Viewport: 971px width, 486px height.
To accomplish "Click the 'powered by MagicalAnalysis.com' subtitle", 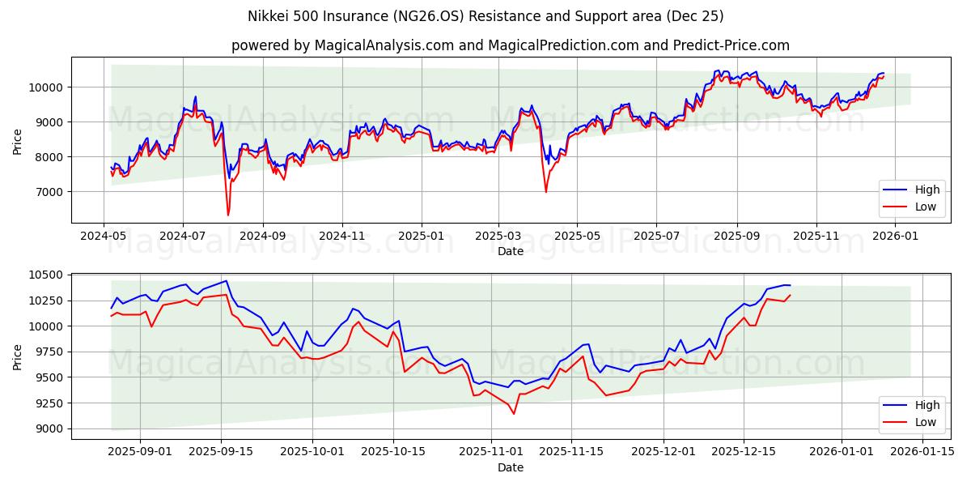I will point(510,45).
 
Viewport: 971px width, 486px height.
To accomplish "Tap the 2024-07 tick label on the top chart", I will point(182,235).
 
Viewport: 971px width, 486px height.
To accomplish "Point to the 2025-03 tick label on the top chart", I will point(498,235).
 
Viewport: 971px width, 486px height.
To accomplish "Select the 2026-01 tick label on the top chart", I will point(896,235).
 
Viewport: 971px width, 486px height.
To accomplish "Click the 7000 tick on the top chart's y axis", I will point(49,192).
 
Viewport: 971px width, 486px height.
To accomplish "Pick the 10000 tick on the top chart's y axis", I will point(45,87).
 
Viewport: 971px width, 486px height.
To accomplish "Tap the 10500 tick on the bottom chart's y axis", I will point(45,275).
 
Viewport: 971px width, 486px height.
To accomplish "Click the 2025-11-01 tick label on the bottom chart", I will point(491,451).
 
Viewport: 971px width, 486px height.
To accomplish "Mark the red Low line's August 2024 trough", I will point(228,215).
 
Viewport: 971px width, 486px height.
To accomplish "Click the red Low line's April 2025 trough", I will point(545,192).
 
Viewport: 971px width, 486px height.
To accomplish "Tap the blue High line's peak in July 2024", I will point(195,96).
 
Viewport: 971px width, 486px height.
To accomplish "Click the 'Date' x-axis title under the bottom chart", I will point(510,467).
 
